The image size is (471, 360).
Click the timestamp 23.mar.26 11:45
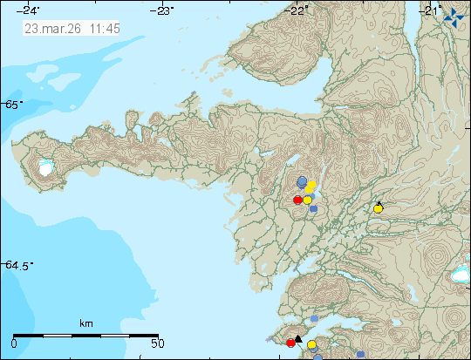click(x=72, y=28)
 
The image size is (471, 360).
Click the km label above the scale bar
click(x=85, y=323)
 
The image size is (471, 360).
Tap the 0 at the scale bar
click(x=16, y=343)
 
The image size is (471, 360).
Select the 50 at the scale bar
click(x=157, y=343)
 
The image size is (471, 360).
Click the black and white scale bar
click(x=85, y=334)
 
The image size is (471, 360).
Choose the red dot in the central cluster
click(x=297, y=200)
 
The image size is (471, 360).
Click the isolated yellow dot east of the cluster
click(x=378, y=208)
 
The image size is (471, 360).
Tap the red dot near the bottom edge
click(x=290, y=343)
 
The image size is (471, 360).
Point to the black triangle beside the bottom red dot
click(x=297, y=339)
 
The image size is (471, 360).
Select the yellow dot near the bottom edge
click(x=311, y=345)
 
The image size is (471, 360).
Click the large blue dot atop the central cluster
click(x=303, y=181)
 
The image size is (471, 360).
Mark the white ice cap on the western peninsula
click(x=45, y=168)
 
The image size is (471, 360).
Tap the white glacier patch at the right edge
click(x=460, y=276)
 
